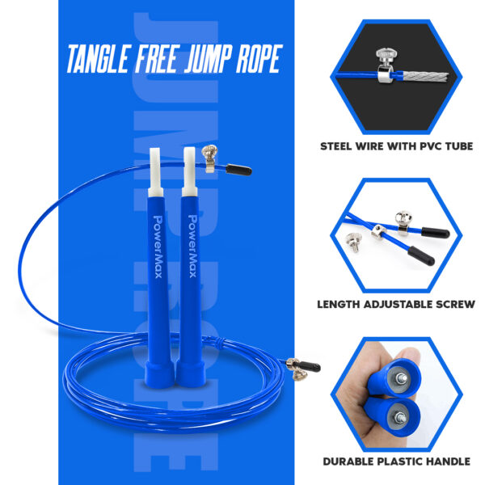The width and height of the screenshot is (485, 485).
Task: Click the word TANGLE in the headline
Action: (97, 59)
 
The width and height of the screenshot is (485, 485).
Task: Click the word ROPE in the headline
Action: (259, 59)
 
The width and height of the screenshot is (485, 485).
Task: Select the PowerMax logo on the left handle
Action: (158, 247)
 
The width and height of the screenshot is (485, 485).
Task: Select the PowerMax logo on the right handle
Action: (192, 247)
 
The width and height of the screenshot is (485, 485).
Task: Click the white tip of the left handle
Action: (155, 172)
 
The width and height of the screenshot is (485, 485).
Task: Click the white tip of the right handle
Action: (189, 171)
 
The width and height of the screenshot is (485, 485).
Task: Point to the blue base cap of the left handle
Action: (159, 374)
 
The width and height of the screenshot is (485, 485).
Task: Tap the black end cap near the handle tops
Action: (238, 170)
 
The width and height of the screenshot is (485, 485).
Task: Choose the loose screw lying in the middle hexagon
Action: (354, 242)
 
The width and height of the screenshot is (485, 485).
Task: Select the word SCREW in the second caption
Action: (455, 305)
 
